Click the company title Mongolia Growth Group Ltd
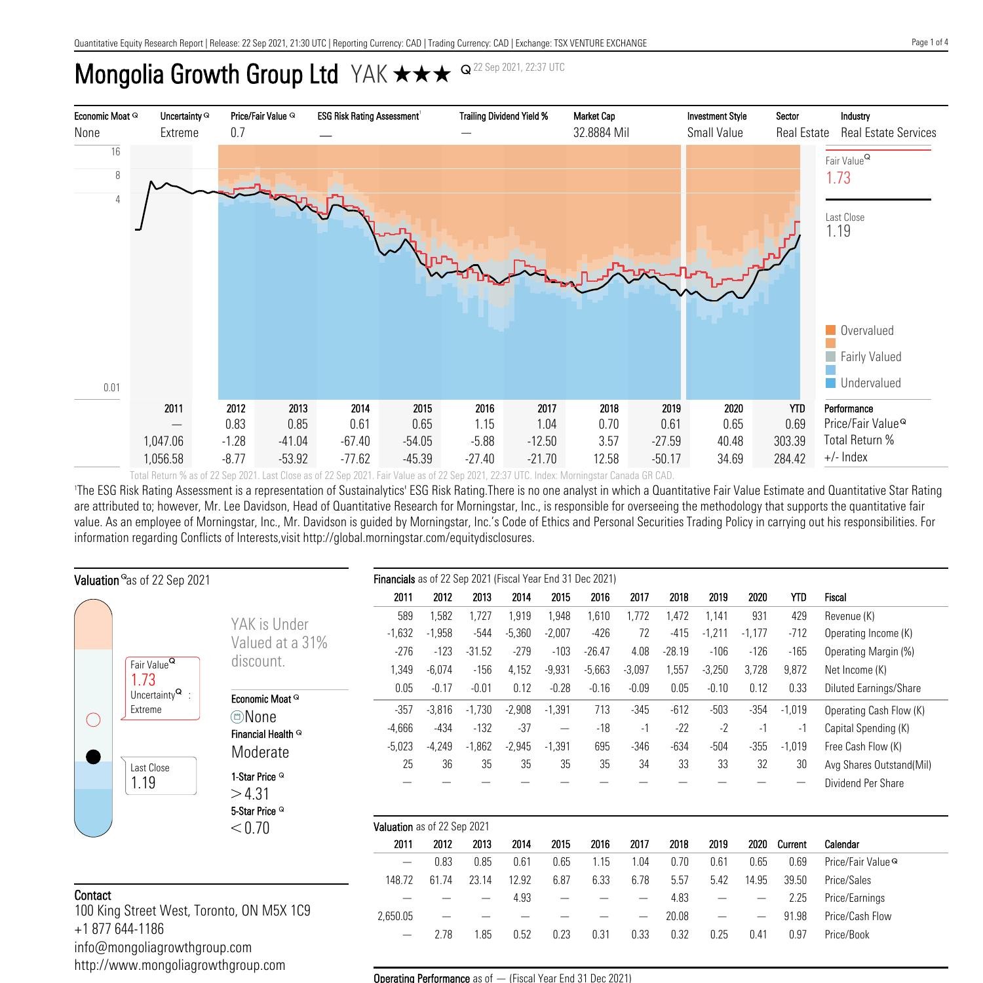[x=206, y=74]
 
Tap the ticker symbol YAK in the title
[x=370, y=75]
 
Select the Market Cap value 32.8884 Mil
[x=601, y=132]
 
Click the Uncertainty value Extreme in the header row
[x=179, y=132]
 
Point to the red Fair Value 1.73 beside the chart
[x=838, y=178]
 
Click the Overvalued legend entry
[x=866, y=330]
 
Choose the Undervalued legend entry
[x=870, y=383]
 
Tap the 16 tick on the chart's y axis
[x=115, y=151]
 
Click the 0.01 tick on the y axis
[x=111, y=387]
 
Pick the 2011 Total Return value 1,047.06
[x=163, y=441]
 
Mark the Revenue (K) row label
[x=849, y=616]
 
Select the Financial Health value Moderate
[x=260, y=752]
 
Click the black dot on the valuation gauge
[x=94, y=757]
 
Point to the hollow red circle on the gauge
[x=94, y=720]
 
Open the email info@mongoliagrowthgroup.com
[x=163, y=947]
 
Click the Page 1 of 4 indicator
[x=929, y=43]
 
